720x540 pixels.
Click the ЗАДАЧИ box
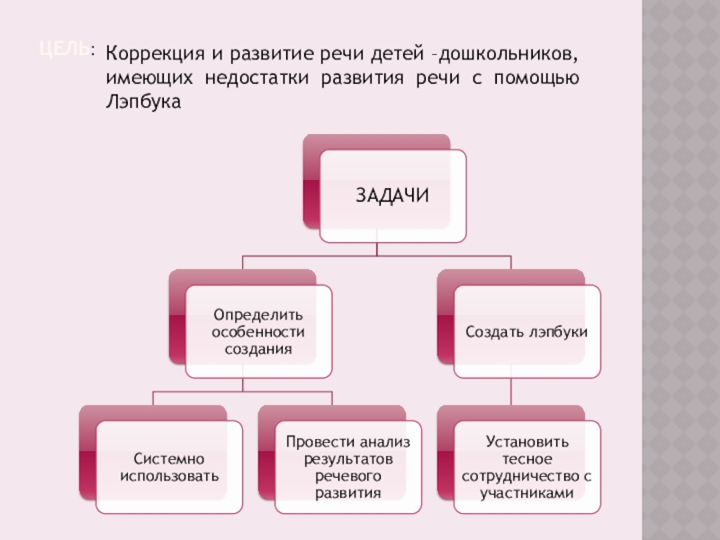[393, 196]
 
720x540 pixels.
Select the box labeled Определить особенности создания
[258, 331]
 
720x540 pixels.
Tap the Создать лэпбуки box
[526, 331]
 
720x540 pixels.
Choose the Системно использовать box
[169, 466]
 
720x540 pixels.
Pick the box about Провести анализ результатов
[347, 466]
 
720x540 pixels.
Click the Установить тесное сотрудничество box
[526, 466]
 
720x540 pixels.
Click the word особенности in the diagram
[258, 331]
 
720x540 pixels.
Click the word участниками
[526, 493]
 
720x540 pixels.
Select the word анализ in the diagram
[382, 441]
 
